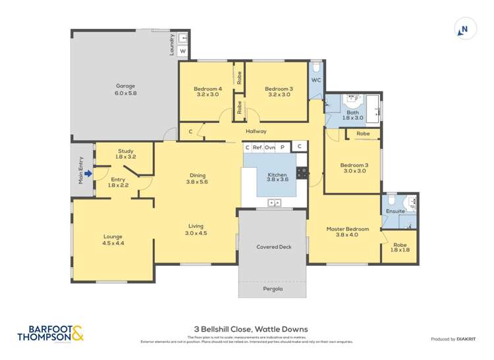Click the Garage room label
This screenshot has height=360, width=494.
click(x=125, y=90)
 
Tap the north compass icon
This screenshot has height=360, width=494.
click(x=464, y=29)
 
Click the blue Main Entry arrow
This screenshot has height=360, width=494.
click(x=89, y=174)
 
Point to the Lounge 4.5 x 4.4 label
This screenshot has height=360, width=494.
click(x=113, y=240)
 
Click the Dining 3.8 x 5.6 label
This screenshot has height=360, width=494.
click(x=197, y=178)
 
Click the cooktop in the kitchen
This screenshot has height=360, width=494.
click(x=302, y=173)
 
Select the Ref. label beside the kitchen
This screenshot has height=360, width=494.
click(x=258, y=147)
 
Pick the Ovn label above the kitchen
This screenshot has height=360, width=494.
click(x=270, y=147)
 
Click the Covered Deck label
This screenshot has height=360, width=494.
click(x=273, y=247)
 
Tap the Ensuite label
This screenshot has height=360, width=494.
click(x=395, y=211)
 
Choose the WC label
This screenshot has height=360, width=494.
click(x=316, y=80)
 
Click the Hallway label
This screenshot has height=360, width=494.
click(x=256, y=132)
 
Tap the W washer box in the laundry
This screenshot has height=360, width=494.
click(x=182, y=51)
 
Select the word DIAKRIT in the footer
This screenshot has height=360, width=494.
click(x=468, y=339)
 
